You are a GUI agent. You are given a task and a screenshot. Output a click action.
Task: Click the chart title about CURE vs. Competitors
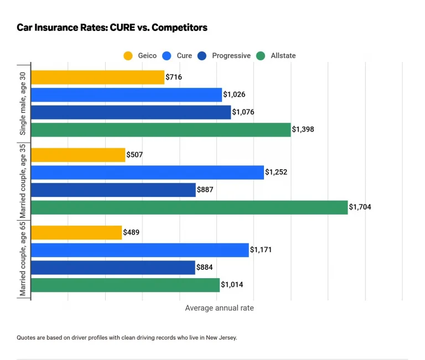pos(112,27)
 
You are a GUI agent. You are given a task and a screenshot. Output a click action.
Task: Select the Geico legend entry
pos(141,55)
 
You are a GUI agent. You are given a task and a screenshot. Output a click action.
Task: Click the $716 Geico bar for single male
pos(97,77)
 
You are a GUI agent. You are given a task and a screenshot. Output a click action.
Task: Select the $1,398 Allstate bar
pos(160,129)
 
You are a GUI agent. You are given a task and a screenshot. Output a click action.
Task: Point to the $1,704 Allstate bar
pos(189,207)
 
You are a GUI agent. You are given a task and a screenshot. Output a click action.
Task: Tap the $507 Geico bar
pos(78,155)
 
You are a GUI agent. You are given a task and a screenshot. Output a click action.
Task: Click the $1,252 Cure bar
pos(147,173)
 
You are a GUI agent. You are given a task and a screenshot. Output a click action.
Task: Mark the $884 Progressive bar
pos(113,268)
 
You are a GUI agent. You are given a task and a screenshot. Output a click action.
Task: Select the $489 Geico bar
pos(76,233)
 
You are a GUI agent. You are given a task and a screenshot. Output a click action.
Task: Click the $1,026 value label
pos(234,95)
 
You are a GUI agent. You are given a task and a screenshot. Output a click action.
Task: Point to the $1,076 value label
pos(243,112)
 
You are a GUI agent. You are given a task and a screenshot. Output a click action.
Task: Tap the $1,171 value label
pos(261,251)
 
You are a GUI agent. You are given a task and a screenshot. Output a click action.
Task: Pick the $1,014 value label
pos(232,285)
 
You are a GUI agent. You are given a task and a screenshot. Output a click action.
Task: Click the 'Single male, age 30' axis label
pos(23,104)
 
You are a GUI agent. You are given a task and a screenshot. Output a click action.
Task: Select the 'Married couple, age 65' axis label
pos(23,259)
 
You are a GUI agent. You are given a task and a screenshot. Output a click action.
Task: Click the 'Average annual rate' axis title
pos(219,308)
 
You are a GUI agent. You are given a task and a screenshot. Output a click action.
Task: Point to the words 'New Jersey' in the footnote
pos(221,337)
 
